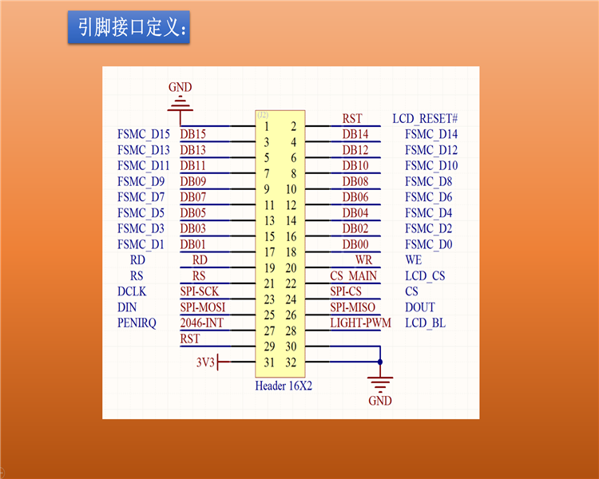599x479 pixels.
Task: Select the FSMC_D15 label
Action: pyautogui.click(x=144, y=134)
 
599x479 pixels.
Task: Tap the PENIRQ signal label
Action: pyautogui.click(x=137, y=323)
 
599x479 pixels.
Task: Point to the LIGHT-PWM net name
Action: pyautogui.click(x=361, y=323)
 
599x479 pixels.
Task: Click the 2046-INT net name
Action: pyautogui.click(x=201, y=323)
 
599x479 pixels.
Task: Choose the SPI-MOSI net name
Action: pyautogui.click(x=202, y=307)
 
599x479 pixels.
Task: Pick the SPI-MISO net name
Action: pyautogui.click(x=352, y=307)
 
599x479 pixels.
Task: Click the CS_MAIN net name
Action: pyautogui.click(x=352, y=276)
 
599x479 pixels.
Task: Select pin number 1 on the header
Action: pyautogui.click(x=266, y=126)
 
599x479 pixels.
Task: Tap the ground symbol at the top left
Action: pyautogui.click(x=180, y=102)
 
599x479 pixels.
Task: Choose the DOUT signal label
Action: pyautogui.click(x=420, y=307)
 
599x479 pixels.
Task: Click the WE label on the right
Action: pyautogui.click(x=414, y=260)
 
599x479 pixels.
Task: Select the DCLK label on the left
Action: pyautogui.click(x=132, y=291)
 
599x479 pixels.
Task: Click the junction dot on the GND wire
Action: pyautogui.click(x=380, y=362)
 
